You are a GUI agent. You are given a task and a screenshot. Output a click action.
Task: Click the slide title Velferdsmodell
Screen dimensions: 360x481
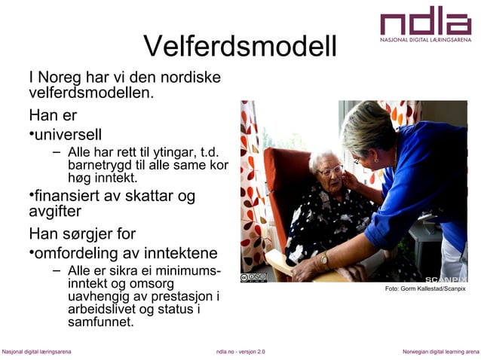240,47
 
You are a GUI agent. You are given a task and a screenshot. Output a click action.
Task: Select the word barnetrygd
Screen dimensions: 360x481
99,166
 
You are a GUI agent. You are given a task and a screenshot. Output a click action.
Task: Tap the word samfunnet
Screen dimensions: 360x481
100,322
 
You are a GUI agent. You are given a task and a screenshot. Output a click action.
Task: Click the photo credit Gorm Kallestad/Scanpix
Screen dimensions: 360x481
425,289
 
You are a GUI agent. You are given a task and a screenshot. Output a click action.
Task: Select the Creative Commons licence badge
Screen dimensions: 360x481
253,277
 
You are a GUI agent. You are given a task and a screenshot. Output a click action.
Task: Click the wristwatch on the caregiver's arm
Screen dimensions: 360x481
324,259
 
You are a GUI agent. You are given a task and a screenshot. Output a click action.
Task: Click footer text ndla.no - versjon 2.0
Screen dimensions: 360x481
240,352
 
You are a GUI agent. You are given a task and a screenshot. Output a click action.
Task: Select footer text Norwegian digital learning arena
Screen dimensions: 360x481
440,352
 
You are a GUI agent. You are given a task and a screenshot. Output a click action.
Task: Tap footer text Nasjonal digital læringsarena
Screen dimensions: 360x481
36,352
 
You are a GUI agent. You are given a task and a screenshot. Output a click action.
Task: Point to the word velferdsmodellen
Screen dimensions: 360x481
90,94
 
